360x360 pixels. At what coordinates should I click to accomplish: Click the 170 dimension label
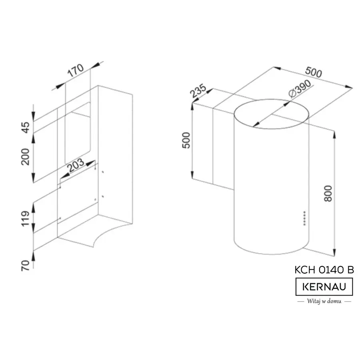(x=76, y=70)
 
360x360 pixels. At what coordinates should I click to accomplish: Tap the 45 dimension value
(x=26, y=128)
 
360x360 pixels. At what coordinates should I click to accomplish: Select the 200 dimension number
(x=26, y=157)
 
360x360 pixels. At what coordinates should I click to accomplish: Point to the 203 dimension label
(x=76, y=165)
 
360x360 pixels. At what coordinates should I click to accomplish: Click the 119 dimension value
(x=26, y=218)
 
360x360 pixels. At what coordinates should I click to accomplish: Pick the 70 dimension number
(x=26, y=266)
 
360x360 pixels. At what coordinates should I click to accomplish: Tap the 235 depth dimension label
(x=198, y=91)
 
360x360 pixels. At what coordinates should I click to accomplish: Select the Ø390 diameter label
(x=300, y=89)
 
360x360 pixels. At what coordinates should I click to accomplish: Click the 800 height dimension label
(x=328, y=194)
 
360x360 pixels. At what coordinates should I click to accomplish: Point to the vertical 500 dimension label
(x=186, y=140)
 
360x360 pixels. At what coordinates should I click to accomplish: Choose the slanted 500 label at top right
(x=313, y=72)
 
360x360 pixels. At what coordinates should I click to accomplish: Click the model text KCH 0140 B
(x=324, y=270)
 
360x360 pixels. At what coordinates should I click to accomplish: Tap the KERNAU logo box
(x=324, y=287)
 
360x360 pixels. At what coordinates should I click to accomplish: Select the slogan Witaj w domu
(x=324, y=301)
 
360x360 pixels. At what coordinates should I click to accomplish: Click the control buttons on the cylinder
(x=305, y=218)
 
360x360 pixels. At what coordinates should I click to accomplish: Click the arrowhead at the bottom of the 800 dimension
(x=334, y=252)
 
